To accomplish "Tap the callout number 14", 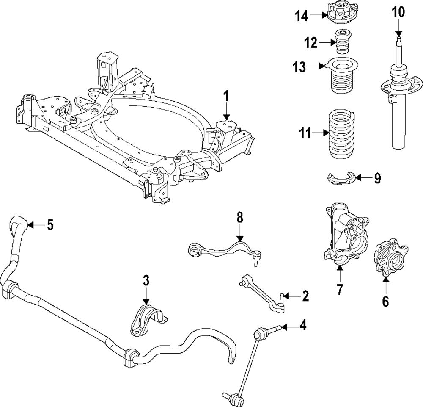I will click(302, 16).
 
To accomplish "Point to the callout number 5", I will click(50, 225).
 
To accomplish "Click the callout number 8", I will click(240, 219).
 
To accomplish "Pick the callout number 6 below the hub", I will click(385, 301).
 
